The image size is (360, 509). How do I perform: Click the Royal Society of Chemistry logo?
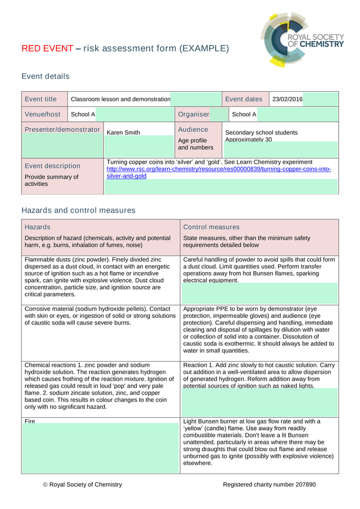tap(302, 39)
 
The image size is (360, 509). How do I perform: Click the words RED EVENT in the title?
tap(47, 48)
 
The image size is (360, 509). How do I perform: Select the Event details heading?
tap(46, 76)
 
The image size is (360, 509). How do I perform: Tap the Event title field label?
tap(40, 99)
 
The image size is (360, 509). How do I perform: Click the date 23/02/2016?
tap(287, 99)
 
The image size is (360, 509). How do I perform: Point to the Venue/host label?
tap(42, 114)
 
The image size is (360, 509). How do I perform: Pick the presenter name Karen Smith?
tap(123, 133)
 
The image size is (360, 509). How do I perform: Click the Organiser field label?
tap(193, 114)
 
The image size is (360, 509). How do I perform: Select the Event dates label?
tap(244, 99)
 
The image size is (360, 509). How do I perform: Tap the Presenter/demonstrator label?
tap(62, 129)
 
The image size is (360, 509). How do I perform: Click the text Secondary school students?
tap(261, 133)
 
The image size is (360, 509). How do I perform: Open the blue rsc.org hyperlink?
tap(219, 169)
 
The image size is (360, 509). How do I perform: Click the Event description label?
tap(52, 166)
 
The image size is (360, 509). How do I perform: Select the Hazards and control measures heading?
tap(78, 210)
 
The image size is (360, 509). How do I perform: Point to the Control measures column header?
tap(211, 227)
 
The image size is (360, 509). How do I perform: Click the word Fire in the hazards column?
tap(30, 421)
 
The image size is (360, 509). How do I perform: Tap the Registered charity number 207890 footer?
tap(269, 484)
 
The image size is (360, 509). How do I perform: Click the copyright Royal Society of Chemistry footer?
tap(82, 484)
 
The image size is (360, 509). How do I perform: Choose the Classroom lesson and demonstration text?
tap(120, 99)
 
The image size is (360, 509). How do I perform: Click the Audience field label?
tap(193, 129)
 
